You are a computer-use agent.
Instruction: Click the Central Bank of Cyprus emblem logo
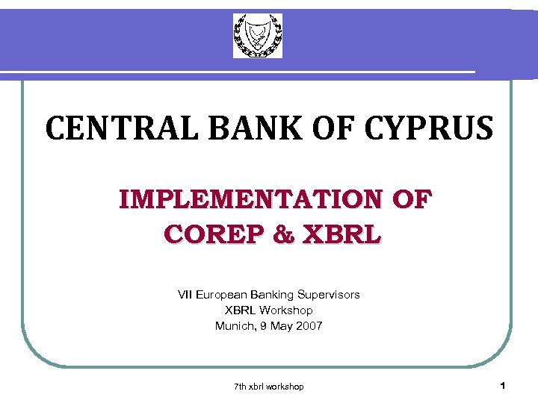[x=258, y=35]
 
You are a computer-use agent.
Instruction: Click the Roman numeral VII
[x=185, y=295]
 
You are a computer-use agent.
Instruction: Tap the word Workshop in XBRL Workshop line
[x=288, y=310]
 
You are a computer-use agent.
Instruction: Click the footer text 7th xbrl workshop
[x=269, y=387]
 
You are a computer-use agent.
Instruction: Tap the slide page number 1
[x=503, y=386]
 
